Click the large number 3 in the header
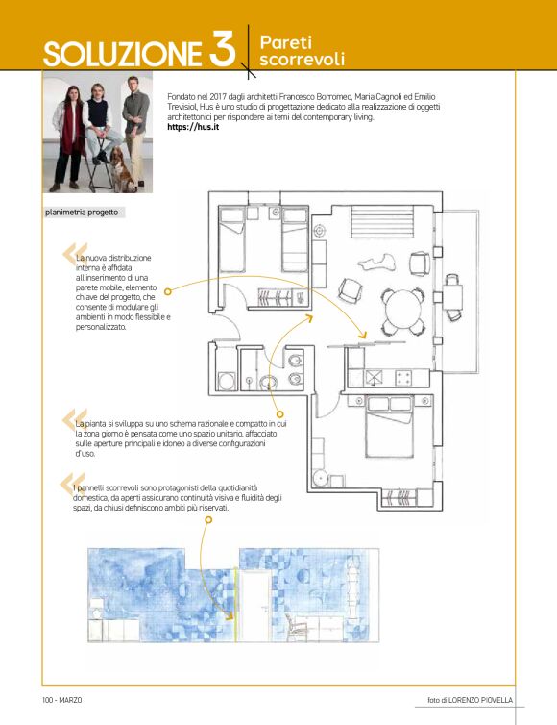[222, 48]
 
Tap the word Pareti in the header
[286, 42]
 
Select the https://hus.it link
[193, 127]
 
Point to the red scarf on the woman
[71, 125]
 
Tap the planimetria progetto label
[82, 212]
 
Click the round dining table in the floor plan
[404, 310]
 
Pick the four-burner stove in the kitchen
[403, 378]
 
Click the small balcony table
[452, 296]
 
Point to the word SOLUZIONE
[123, 54]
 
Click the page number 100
[48, 700]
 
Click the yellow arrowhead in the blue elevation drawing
[230, 615]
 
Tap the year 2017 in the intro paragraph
[217, 97]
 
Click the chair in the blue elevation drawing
[297, 628]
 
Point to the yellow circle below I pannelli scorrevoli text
[208, 519]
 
